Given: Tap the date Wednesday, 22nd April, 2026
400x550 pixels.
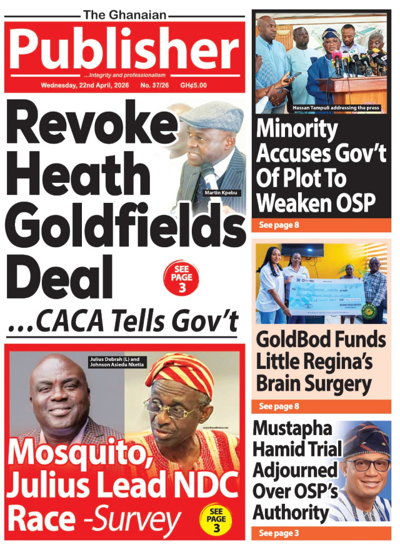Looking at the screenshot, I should (x=85, y=85).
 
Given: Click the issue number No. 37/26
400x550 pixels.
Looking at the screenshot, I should (x=154, y=85).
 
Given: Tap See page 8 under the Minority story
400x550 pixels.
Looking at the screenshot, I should (x=279, y=225).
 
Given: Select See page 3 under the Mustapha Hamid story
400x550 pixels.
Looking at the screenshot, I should (x=279, y=533).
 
